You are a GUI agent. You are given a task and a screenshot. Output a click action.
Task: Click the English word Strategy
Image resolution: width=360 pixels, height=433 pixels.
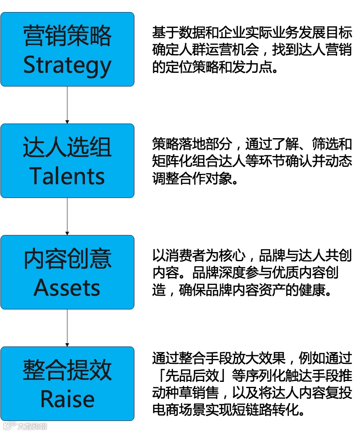tap(67, 65)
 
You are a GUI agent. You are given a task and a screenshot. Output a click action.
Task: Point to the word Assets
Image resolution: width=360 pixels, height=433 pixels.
tap(67, 287)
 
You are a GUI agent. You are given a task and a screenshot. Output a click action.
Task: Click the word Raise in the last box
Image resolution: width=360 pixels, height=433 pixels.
tap(67, 399)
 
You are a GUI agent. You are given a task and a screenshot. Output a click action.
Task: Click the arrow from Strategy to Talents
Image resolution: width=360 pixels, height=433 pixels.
tap(67, 105)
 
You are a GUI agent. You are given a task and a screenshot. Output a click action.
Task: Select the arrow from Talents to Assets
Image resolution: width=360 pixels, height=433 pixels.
tap(67, 216)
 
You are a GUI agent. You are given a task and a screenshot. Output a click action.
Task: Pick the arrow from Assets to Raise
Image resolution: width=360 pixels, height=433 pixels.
tap(67, 328)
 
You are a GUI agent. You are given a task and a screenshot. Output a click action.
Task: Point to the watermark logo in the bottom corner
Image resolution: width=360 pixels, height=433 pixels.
tap(25, 426)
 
